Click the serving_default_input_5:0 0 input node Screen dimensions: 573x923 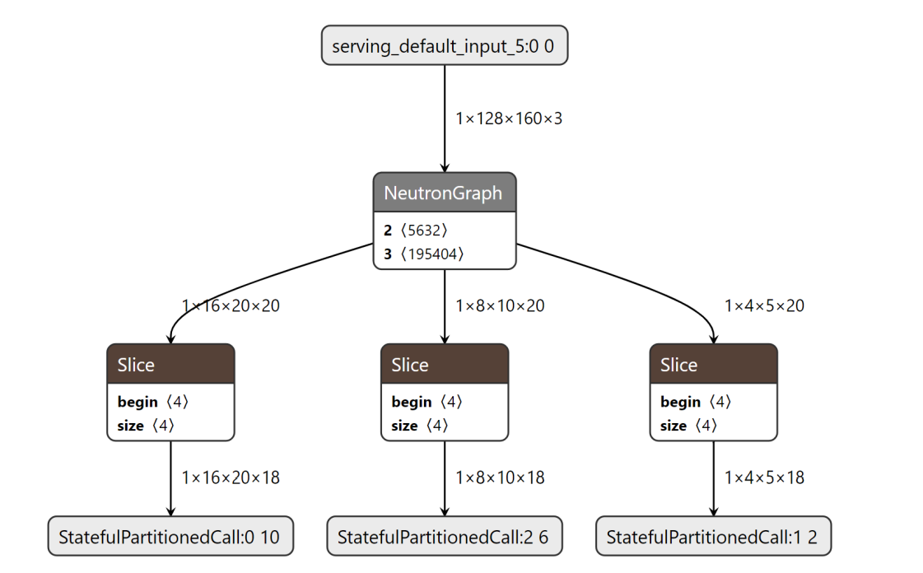click(444, 45)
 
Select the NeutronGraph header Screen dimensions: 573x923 click(444, 193)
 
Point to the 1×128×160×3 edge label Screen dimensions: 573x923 click(509, 119)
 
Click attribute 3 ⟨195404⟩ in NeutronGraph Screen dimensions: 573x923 click(423, 254)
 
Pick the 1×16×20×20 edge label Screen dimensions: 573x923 click(231, 305)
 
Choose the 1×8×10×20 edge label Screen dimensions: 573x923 click(500, 305)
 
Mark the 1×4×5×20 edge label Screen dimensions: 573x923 click(764, 305)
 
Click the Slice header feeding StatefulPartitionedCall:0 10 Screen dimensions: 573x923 click(170, 365)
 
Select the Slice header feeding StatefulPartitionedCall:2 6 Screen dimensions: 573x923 click(444, 365)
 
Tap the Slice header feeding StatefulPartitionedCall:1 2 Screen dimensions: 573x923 click(713, 365)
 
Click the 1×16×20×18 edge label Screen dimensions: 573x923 click(231, 477)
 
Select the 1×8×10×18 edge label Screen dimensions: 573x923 click(500, 477)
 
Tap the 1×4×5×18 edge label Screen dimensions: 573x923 click(764, 477)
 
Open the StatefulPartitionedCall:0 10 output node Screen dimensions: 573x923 click(170, 538)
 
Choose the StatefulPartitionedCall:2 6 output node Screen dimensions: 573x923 click(443, 538)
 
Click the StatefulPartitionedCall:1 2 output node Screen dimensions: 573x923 click(713, 538)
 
